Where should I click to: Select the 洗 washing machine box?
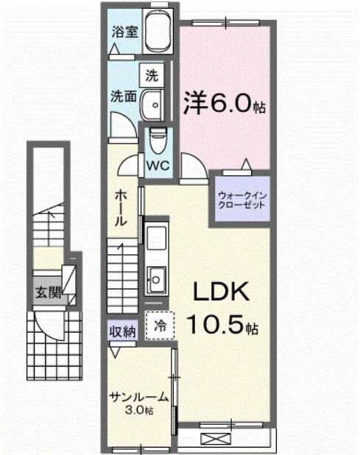[152, 74]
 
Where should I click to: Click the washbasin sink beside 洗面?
[154, 104]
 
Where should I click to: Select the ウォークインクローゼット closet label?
[241, 200]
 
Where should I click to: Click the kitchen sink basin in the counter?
[156, 278]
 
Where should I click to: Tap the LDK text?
[221, 293]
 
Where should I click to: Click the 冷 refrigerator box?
[160, 322]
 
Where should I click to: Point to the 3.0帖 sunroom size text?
[139, 409]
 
